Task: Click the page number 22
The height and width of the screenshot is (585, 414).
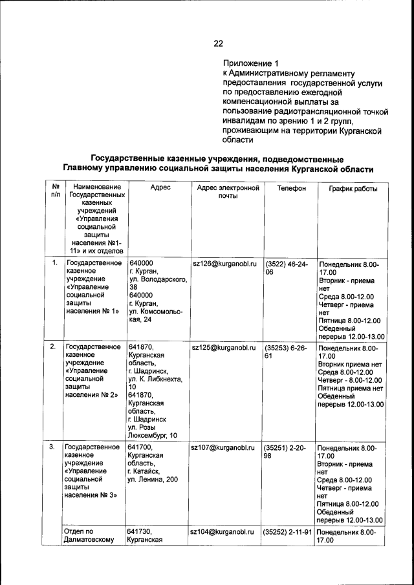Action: [218, 44]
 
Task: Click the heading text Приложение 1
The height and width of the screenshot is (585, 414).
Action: [250, 64]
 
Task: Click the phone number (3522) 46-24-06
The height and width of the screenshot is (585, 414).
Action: [287, 268]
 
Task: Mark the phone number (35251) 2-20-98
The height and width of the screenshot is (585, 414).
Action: [287, 451]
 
